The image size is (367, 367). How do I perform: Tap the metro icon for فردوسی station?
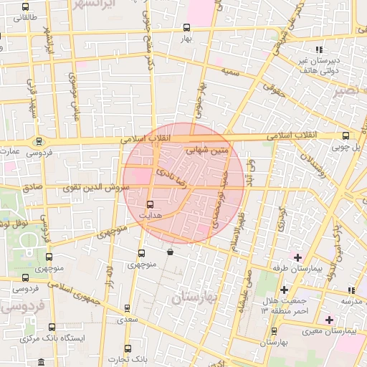[x=39, y=140]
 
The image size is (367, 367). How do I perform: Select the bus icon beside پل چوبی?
[x=346, y=135]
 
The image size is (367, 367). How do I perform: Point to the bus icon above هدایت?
[x=149, y=204]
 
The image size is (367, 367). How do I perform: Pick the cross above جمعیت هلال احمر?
[x=285, y=290]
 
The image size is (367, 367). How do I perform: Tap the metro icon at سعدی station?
[x=127, y=309]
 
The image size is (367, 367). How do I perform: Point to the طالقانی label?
[x=19, y=16]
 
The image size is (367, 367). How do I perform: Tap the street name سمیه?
[x=230, y=72]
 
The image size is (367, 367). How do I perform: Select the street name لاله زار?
[x=110, y=275]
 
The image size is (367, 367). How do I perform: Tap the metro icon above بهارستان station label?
[x=274, y=330]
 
